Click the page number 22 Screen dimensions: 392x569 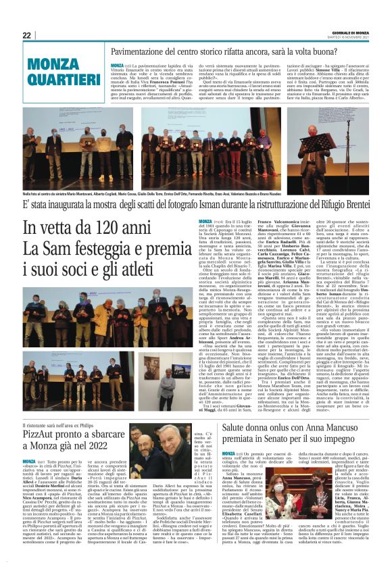[27, 34]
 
